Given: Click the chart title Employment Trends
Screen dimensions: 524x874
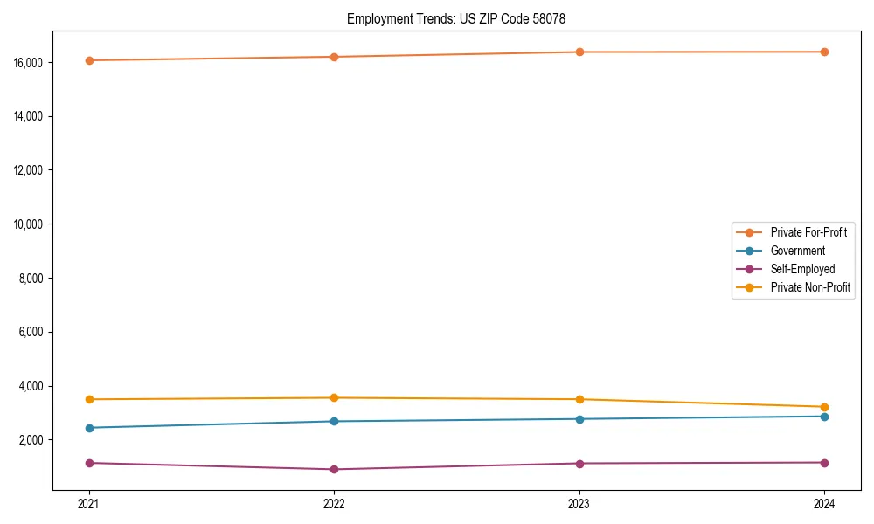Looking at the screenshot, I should (x=462, y=18).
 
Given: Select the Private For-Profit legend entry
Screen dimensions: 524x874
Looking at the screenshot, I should (x=808, y=232).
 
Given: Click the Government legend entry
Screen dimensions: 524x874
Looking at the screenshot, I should (x=797, y=251).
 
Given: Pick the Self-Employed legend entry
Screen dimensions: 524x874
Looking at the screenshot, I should (x=802, y=269).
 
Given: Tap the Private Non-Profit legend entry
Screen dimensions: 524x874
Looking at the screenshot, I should (x=810, y=287).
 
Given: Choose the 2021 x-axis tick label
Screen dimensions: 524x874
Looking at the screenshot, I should (x=89, y=504).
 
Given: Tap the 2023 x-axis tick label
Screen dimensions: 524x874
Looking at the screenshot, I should (x=579, y=504).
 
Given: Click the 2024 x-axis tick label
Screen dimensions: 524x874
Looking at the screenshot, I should (x=824, y=504).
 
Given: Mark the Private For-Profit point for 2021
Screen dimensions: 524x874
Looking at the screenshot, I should (x=89, y=60).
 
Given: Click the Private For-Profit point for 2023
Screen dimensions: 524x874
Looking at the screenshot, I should (x=579, y=52).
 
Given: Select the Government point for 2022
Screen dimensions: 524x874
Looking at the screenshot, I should (x=334, y=421).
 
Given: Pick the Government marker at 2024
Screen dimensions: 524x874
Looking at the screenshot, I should (x=824, y=417).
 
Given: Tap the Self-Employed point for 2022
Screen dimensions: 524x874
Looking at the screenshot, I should (x=334, y=469).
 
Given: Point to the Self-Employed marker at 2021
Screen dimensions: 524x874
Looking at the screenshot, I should (x=89, y=463).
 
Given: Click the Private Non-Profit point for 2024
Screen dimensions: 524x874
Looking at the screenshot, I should (x=824, y=407).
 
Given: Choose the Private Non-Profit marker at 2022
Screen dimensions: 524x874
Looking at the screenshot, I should (x=334, y=398).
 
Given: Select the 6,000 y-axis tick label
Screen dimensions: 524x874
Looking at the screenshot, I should (x=30, y=333).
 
